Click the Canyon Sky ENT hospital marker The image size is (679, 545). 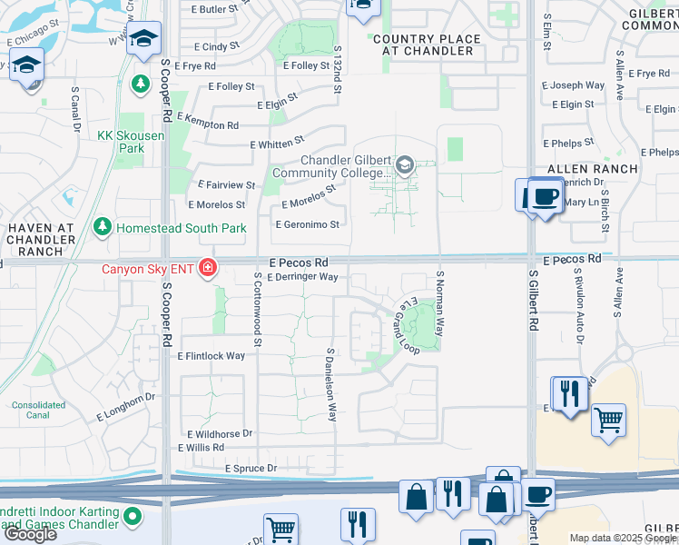click(x=208, y=267)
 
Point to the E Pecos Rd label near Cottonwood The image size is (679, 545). click(x=298, y=262)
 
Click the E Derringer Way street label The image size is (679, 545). click(x=302, y=277)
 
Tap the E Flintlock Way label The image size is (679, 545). click(x=212, y=356)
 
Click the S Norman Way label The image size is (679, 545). click(x=440, y=302)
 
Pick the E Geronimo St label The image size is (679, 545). click(x=307, y=224)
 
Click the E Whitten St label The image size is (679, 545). click(x=277, y=144)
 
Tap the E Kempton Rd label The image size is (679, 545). click(x=207, y=122)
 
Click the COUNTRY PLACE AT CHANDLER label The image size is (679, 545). click(x=423, y=45)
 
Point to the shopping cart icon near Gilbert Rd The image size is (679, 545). click(x=608, y=421)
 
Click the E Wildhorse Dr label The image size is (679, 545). click(x=215, y=434)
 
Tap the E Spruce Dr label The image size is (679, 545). click(x=251, y=469)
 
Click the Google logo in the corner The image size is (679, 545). click(x=31, y=534)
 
